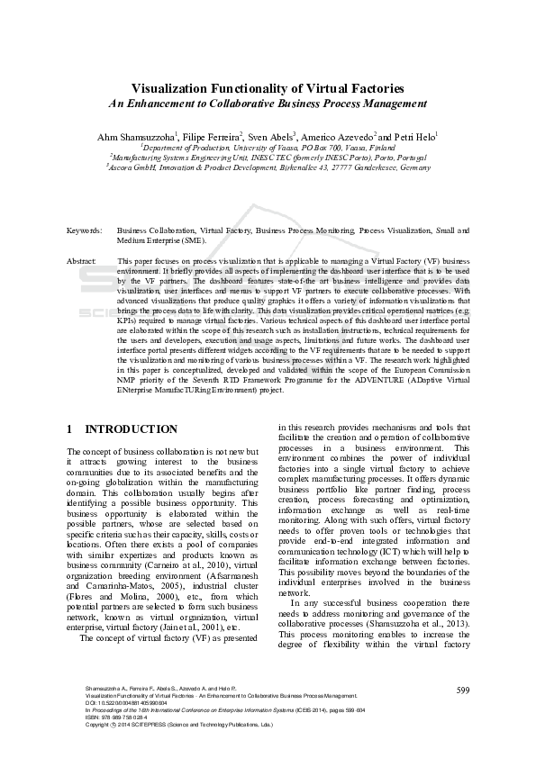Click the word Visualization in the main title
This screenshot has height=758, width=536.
(173, 88)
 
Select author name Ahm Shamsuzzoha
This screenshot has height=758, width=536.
(137, 136)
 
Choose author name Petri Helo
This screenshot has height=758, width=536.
(413, 136)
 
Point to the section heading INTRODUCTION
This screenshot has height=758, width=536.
(131, 429)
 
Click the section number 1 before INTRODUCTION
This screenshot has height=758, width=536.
(70, 429)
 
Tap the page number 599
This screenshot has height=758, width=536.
(463, 690)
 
